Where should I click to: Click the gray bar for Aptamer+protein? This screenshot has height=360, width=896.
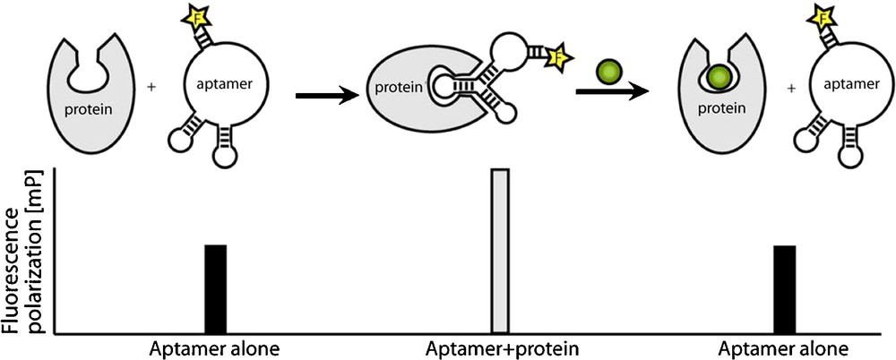500,251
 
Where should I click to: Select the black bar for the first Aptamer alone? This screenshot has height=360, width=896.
215,288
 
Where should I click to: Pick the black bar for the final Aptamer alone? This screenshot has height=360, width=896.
784,288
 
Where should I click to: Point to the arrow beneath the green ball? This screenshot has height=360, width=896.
611,90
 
